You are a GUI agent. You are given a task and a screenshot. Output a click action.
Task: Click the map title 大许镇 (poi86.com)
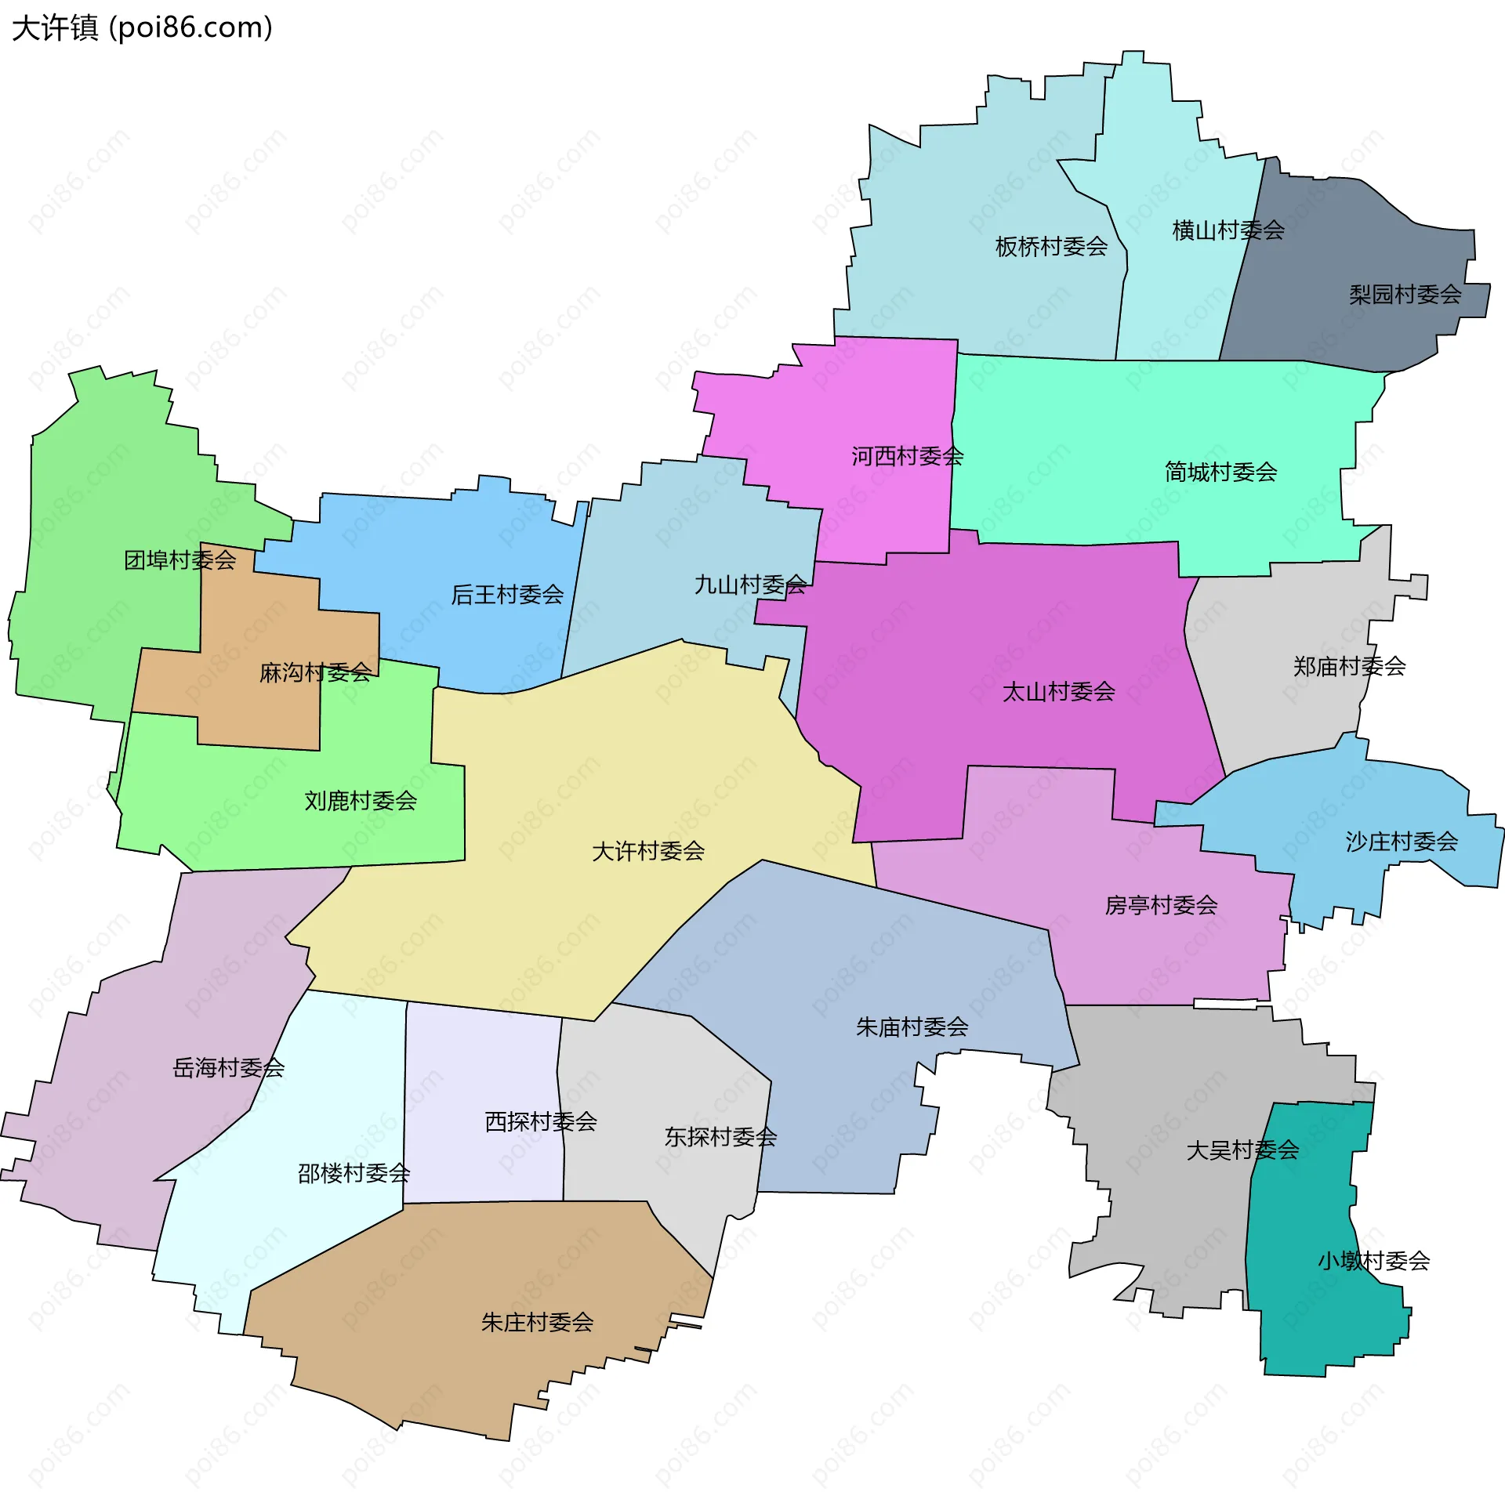tap(142, 28)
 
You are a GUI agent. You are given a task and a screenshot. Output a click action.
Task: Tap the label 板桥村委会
tap(1051, 247)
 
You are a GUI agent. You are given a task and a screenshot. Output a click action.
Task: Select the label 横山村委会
tap(1228, 230)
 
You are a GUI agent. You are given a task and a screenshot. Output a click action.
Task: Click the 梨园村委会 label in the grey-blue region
tap(1405, 295)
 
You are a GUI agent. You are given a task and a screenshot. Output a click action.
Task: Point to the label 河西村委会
tap(907, 456)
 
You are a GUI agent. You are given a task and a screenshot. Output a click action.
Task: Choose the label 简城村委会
tap(1220, 472)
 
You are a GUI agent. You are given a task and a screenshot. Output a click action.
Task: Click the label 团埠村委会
tap(180, 559)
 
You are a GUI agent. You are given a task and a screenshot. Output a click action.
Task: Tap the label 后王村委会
tap(507, 594)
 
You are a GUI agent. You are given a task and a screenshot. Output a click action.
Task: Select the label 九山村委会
tap(750, 585)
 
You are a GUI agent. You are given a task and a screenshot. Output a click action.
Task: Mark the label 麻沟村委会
tap(315, 672)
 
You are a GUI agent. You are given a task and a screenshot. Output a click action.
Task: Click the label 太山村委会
tap(1058, 691)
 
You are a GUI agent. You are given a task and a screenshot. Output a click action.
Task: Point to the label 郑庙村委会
tap(1349, 666)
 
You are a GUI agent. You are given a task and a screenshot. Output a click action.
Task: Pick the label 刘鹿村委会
tap(361, 800)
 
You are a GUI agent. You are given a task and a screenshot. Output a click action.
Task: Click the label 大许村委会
tap(647, 851)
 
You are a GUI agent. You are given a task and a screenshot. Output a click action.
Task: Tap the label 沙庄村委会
tap(1402, 842)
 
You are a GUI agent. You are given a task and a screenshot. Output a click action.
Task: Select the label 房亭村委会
tap(1161, 905)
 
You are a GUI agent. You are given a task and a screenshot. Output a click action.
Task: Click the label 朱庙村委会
tap(912, 1027)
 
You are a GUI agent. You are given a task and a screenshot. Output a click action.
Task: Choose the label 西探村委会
tap(541, 1121)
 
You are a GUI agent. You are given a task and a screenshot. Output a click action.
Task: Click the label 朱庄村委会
tap(537, 1323)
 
